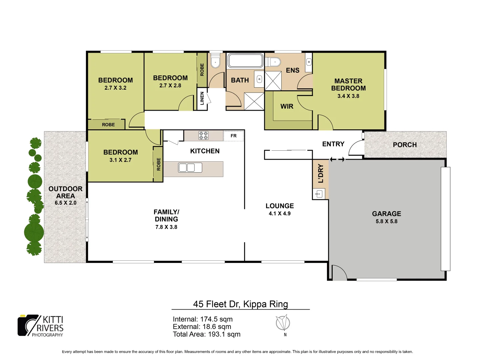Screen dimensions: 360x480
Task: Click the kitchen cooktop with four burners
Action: pos(204,135)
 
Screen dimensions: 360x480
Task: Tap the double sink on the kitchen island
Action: pos(190,167)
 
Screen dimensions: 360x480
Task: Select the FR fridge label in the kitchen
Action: pos(234,136)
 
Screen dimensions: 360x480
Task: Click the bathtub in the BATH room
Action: pos(245,61)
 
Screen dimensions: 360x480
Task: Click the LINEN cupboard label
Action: pos(202,99)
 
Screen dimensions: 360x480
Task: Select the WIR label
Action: pos(287,106)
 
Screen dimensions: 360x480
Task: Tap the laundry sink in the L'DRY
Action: pos(319,194)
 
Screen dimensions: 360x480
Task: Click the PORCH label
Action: pos(405,145)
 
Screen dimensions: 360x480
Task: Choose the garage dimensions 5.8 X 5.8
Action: pos(386,221)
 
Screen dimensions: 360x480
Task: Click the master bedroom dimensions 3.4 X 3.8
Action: pos(348,96)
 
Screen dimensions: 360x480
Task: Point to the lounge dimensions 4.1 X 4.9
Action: pos(280,214)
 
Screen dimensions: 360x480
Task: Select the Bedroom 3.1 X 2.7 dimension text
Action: pos(120,160)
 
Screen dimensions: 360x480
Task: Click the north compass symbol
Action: pos(283,323)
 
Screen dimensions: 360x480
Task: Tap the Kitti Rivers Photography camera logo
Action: pos(29,325)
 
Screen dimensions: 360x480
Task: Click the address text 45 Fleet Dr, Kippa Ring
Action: pos(240,304)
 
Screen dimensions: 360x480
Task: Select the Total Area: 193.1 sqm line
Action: pos(206,334)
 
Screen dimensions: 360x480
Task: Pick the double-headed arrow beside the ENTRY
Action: pos(337,159)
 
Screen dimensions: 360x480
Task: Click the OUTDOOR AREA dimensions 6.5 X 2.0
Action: pos(65,203)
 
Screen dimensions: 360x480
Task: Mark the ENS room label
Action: pos(293,70)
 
